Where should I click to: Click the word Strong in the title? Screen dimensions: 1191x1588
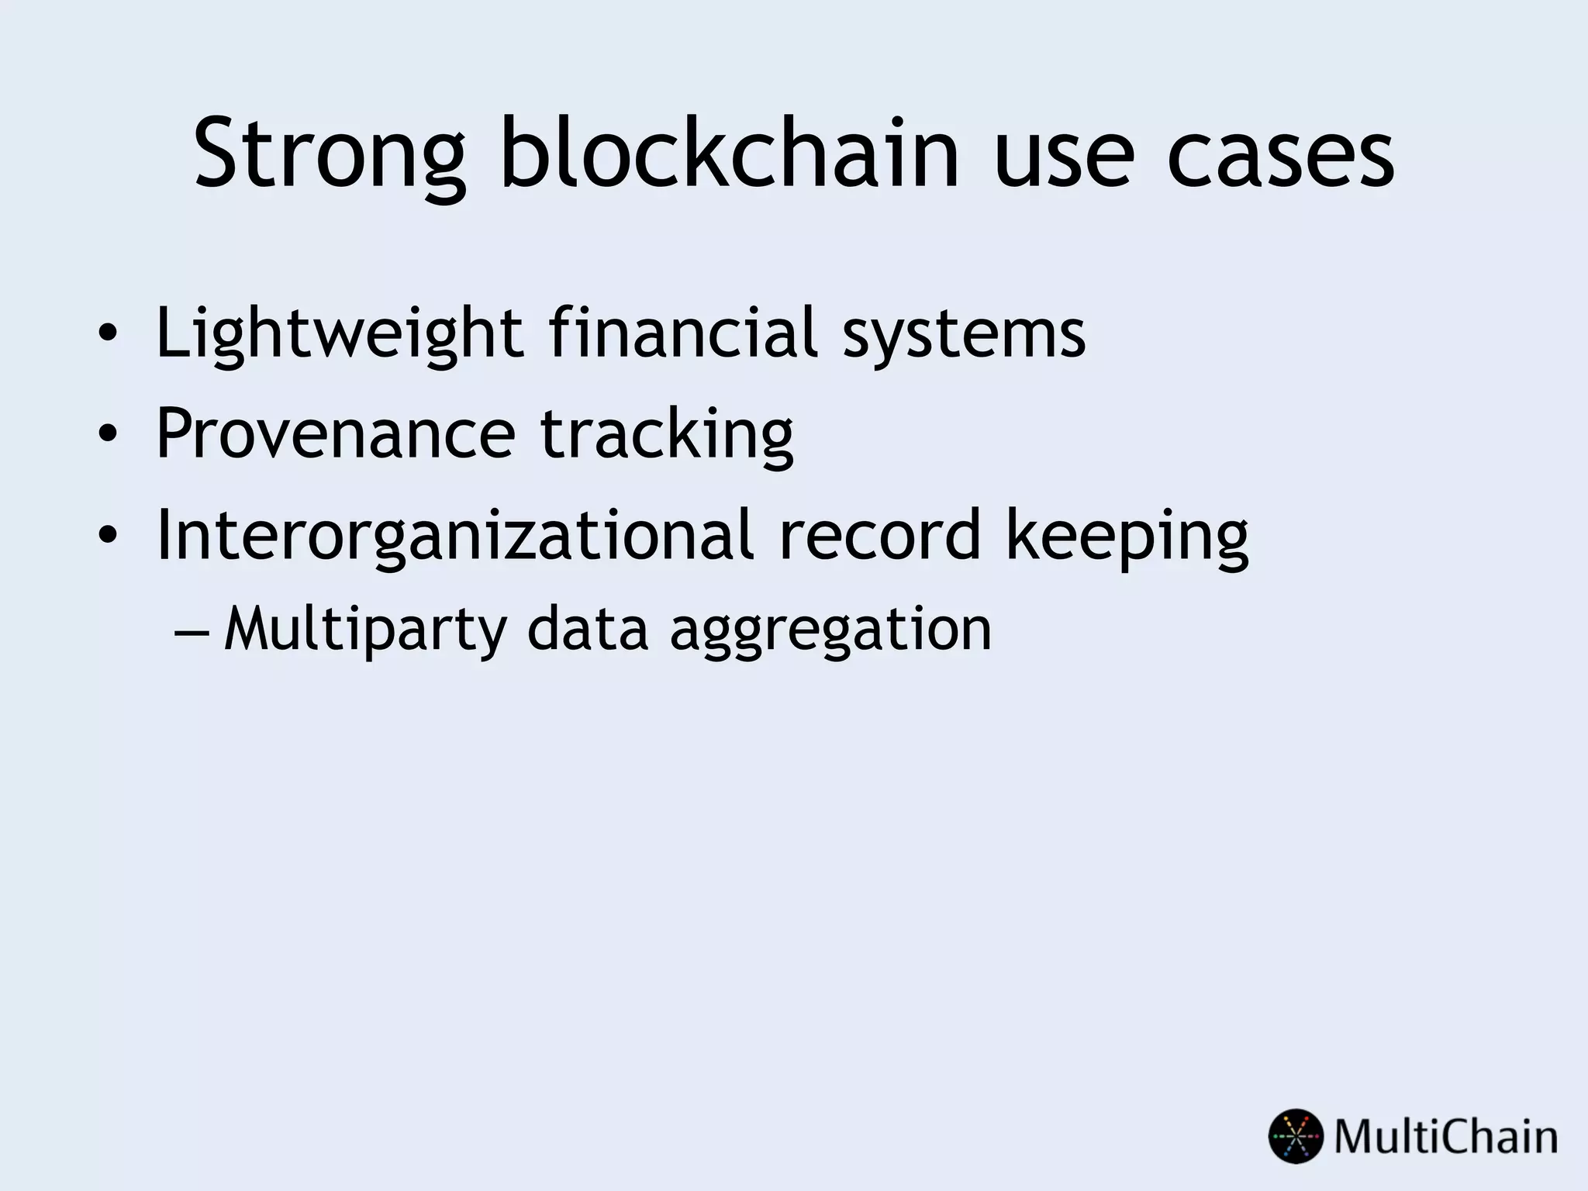tap(330, 155)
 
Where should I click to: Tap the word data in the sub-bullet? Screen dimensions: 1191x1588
tap(587, 629)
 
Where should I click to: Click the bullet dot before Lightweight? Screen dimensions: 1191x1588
tap(108, 335)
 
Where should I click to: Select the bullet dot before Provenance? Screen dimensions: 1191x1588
tap(108, 434)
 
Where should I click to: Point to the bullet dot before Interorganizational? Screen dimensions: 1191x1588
tap(108, 535)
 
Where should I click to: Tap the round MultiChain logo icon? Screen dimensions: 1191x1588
tap(1295, 1137)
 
